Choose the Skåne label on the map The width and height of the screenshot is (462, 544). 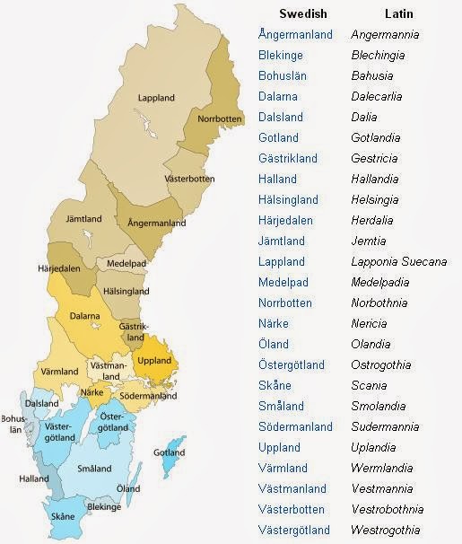[63, 517]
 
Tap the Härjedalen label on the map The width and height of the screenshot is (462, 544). [61, 269]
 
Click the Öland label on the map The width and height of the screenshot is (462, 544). [128, 488]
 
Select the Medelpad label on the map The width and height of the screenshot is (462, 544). [126, 264]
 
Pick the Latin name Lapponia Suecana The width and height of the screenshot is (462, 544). [398, 262]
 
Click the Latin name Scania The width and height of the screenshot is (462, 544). [370, 386]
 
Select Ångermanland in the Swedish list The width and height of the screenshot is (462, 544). [295, 35]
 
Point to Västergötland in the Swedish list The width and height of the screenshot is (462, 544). [294, 530]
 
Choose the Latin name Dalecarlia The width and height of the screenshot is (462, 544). [384, 97]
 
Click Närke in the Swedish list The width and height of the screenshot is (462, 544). [274, 324]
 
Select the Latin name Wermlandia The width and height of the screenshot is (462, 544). [387, 469]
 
